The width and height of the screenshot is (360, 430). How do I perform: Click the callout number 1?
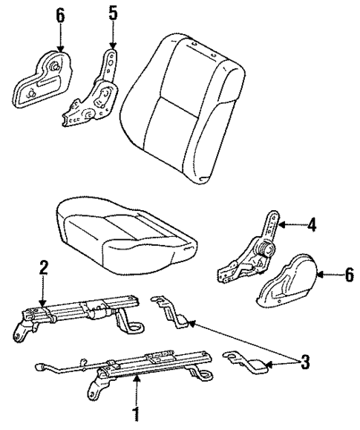(x=136, y=411)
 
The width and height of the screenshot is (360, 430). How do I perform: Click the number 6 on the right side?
(x=348, y=275)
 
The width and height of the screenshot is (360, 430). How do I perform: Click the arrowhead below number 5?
(x=111, y=46)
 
